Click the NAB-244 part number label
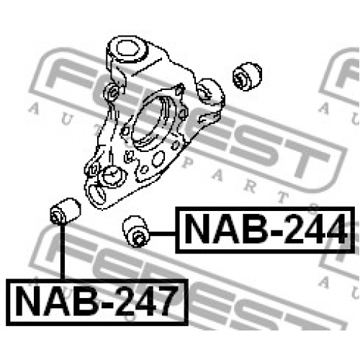[265, 230]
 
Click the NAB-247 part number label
[97, 302]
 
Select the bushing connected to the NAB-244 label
[135, 231]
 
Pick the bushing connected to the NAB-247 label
[66, 211]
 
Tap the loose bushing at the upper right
[248, 76]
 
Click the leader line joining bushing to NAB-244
[163, 233]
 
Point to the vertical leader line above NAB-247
[63, 251]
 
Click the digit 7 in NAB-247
[163, 302]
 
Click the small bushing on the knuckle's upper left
[112, 92]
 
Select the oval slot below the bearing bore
[158, 158]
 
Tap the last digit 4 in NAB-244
[334, 229]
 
